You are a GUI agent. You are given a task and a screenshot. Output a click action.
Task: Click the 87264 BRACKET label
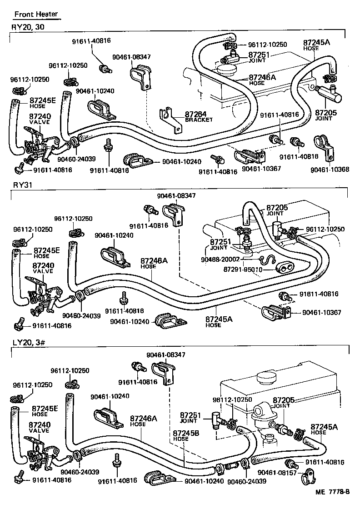(199, 117)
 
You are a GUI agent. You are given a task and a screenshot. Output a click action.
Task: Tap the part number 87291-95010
(243, 270)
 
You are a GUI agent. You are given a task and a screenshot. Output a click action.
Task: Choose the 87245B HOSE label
(186, 436)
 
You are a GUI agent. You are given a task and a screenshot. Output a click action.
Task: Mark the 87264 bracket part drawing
(170, 120)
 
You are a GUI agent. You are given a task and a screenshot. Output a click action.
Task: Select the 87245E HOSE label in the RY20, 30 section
(43, 102)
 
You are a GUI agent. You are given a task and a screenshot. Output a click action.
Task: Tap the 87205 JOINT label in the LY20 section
(284, 403)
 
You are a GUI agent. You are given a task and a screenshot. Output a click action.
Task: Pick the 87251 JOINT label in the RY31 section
(220, 245)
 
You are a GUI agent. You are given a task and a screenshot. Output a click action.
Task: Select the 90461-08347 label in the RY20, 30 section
(131, 57)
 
